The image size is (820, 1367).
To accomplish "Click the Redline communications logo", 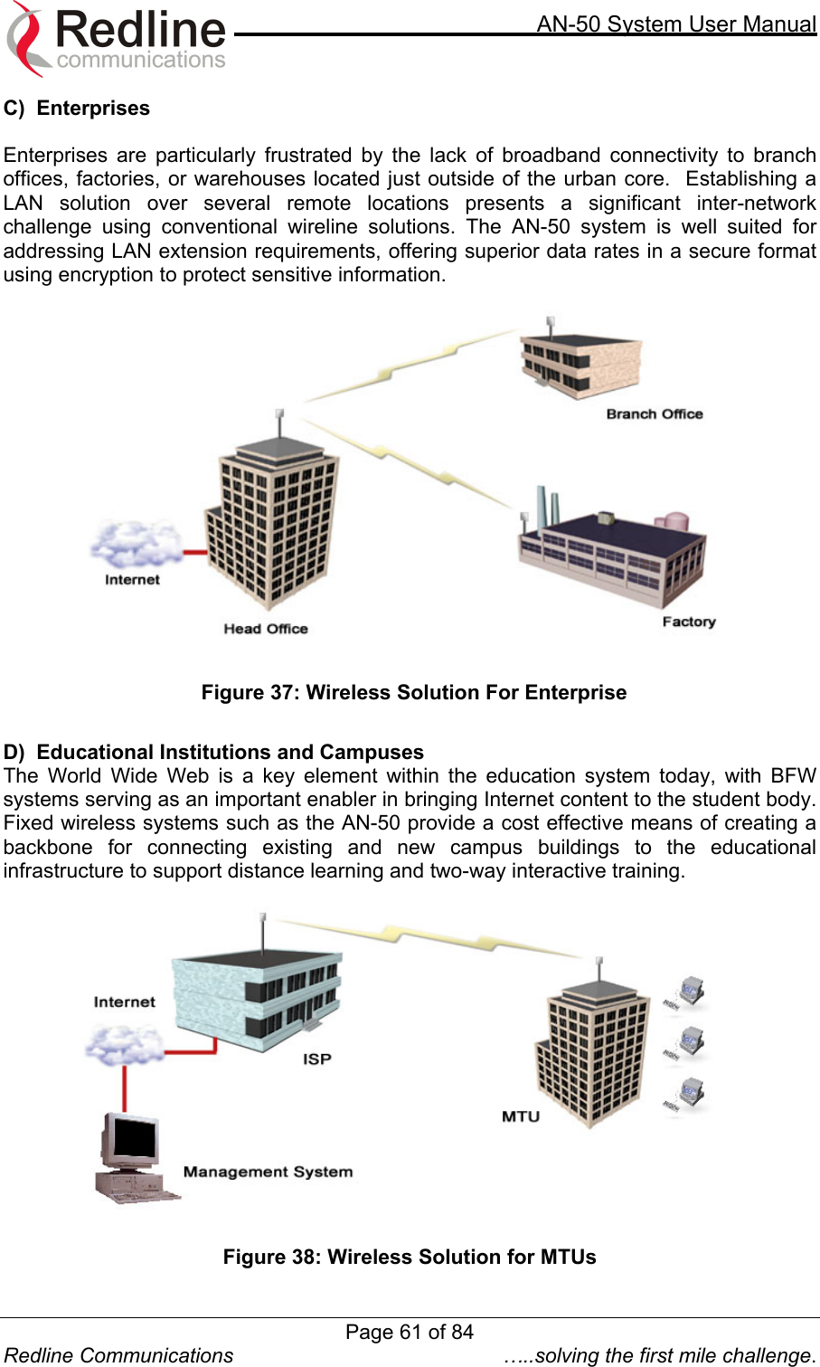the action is coord(118,39).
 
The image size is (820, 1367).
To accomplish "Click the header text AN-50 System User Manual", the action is coord(676,24).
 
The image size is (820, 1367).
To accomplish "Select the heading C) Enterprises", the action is coord(77,109).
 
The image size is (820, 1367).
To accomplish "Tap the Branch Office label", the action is coord(654,414).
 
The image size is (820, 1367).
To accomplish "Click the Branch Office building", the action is coord(580,362).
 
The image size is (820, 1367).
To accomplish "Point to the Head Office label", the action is coord(266,629).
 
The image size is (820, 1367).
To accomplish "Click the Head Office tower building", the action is coord(271,520).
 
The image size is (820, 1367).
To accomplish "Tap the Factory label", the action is coord(688,622).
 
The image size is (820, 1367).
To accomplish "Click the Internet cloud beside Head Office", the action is coord(136,545).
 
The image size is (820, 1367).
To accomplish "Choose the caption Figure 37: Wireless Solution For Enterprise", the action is coord(413,693).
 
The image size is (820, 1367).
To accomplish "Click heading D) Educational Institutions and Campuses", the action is coord(213,753).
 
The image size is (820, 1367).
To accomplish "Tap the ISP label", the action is coord(316,1058).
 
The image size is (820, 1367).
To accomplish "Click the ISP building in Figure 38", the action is coord(258,1000).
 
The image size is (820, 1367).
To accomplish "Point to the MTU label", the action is coord(520,1116).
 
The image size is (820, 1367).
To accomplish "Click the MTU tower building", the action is coord(592,1054).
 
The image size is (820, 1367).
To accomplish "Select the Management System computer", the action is coord(134,1158).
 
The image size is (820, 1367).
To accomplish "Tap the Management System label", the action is coord(268,1172).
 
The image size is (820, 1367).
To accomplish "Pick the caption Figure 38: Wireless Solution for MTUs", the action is coord(410,1258).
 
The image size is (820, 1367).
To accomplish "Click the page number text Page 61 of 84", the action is coord(410,1332).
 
